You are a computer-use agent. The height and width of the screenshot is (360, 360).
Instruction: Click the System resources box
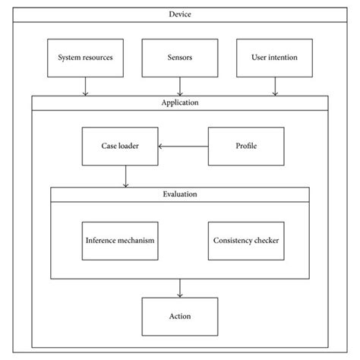pos(86,58)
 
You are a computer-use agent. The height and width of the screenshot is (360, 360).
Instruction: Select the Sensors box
pos(180,58)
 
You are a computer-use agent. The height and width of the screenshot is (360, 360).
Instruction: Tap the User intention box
pos(274,58)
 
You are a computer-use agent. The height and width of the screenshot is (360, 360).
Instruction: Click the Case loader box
pos(120,146)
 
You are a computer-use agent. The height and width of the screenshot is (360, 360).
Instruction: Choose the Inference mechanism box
pos(120,241)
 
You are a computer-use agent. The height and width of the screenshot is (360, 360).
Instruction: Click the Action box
pos(180,317)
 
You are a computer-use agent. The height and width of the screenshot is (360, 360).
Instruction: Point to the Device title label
pos(180,14)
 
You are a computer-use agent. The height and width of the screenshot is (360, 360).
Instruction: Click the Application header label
pos(180,101)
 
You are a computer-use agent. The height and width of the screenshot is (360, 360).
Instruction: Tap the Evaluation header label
pos(180,194)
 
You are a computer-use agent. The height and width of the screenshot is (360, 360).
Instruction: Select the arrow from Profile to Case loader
pos(183,146)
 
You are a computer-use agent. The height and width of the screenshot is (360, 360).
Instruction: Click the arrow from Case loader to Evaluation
pos(126,176)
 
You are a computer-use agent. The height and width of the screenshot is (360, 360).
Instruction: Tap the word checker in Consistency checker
pos(264,241)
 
